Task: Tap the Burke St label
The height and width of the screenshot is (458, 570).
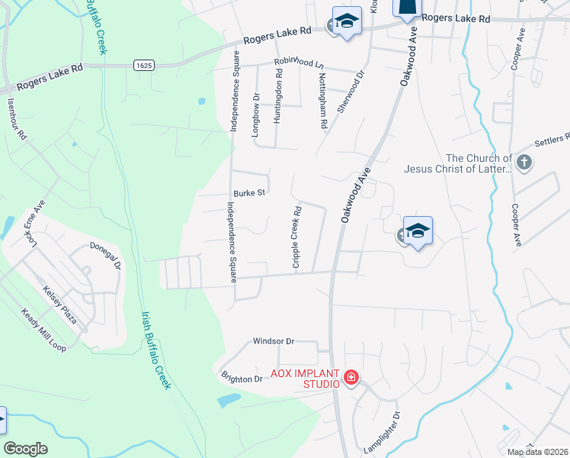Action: tap(249, 193)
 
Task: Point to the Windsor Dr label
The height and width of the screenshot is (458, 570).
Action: tap(274, 341)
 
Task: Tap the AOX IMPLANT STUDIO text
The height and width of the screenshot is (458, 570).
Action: tap(305, 378)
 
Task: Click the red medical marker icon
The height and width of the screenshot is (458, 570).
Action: tap(351, 378)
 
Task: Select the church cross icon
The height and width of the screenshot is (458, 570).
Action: tap(524, 162)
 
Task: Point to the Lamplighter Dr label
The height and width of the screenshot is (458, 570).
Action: tap(383, 433)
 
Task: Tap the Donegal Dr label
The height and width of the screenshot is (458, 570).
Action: tap(106, 253)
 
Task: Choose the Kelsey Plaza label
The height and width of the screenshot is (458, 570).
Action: tap(60, 305)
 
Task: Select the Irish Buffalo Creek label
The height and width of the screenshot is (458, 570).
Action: tap(154, 350)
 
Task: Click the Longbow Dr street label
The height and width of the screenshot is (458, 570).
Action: tap(256, 118)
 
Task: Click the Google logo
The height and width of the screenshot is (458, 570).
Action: tap(25, 449)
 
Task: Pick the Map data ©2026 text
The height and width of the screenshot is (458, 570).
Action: tap(537, 452)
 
